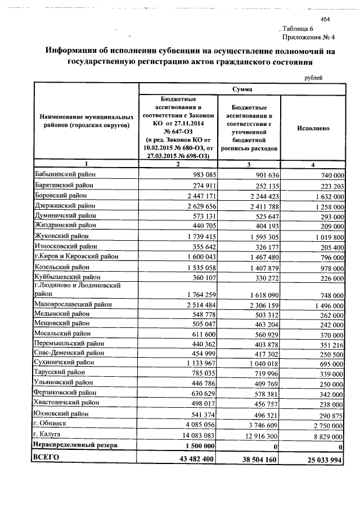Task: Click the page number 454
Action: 325,20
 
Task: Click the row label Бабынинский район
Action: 65,175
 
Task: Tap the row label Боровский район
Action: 61,195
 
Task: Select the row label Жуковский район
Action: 61,236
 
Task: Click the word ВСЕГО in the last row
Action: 46,458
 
